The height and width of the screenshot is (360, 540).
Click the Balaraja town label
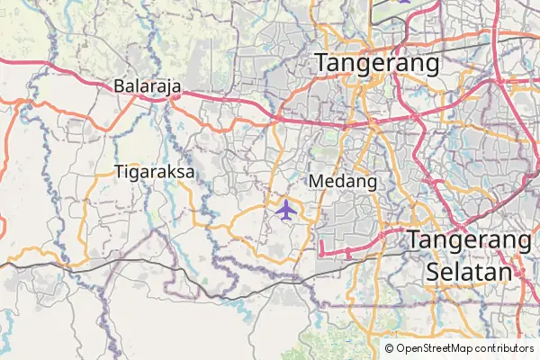pos(148,86)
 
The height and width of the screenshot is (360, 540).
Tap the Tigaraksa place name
pos(155,171)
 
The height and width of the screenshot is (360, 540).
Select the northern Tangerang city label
pos(376,63)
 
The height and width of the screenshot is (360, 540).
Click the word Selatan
pos(468,271)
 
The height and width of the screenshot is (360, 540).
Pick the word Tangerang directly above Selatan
pos(468,240)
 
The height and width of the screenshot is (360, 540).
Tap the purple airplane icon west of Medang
pos(286,211)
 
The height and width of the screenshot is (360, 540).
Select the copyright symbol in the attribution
pos(389,347)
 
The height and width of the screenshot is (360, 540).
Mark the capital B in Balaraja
pos(120,86)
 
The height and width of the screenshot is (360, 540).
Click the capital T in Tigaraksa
pos(120,171)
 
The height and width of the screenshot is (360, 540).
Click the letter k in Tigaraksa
pos(172,171)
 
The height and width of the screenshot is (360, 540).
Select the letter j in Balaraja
pos(170,87)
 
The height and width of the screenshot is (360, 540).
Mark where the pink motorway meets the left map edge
pos(1,59)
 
